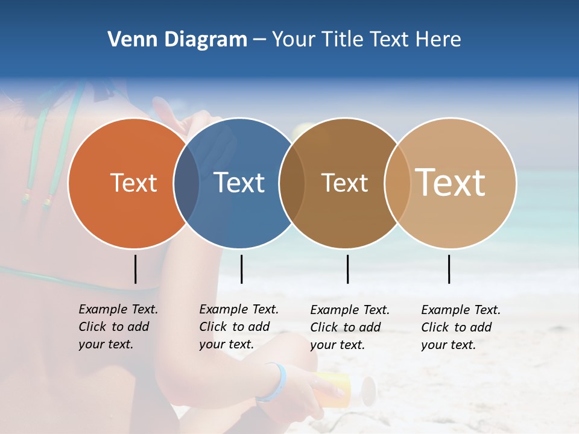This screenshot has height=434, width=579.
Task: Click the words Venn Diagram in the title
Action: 177,40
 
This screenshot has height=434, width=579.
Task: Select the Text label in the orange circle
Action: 133,183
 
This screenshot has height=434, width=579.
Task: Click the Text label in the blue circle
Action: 239,183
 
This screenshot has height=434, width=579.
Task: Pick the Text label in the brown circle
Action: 344,183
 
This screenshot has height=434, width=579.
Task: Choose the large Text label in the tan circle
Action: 451,183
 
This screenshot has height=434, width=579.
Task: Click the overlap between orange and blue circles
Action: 186,183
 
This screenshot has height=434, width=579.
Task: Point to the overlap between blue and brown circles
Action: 291,183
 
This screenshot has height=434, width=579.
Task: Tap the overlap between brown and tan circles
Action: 397,183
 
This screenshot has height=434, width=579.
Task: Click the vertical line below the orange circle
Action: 135,269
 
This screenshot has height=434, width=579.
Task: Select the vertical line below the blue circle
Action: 241,269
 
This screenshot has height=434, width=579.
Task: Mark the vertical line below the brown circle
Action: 347,269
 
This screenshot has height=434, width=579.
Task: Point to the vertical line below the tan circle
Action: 449,269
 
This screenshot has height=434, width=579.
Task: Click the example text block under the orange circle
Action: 118,327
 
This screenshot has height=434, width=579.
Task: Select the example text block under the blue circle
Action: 239,327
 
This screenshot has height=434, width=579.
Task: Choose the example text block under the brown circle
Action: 350,327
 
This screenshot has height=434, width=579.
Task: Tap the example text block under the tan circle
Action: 461,327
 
